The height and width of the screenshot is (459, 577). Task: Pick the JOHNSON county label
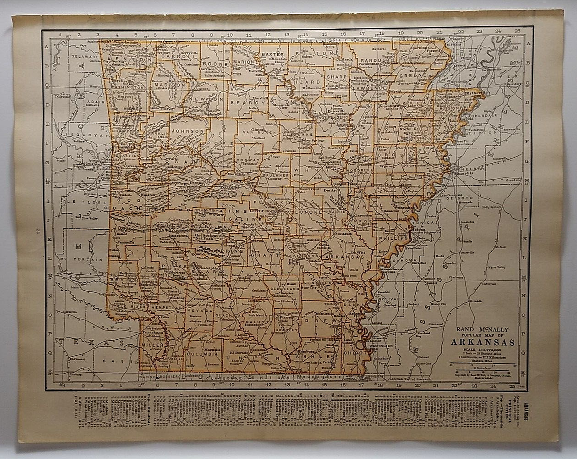(x=183, y=131)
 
